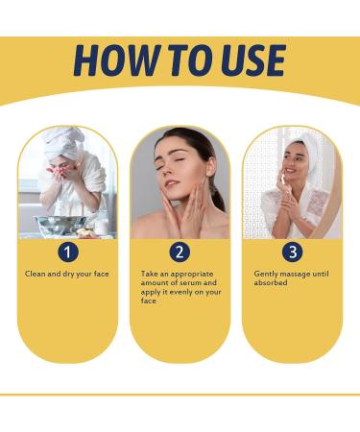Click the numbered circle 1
pos(67,252)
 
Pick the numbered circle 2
pos(180,252)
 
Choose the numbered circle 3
pos(292,252)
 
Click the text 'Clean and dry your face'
pos(67,274)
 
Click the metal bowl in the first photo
pos(60,225)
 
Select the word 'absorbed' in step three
pos(272,283)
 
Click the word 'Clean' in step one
pos(35,274)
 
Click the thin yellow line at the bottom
pos(180,395)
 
